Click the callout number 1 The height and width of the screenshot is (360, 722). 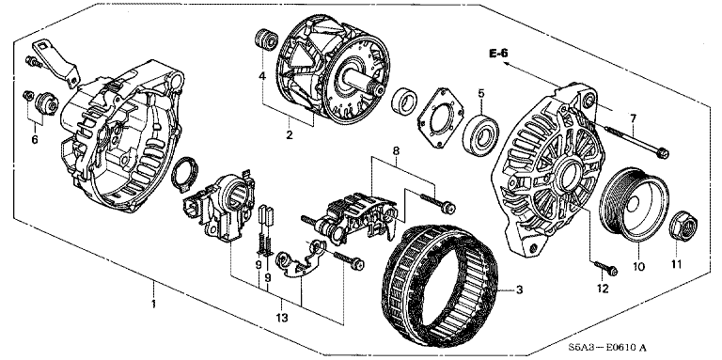click(x=154, y=304)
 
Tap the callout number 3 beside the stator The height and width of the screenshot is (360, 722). click(x=519, y=290)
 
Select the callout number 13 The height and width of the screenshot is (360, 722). click(x=282, y=318)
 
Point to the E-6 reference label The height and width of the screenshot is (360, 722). click(x=498, y=54)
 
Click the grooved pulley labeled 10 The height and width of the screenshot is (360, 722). click(x=635, y=206)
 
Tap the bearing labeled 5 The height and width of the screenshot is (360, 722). click(x=481, y=133)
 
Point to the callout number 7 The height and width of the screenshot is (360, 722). click(x=633, y=118)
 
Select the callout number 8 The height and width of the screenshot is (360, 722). click(x=396, y=150)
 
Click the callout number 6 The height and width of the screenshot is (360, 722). click(x=35, y=140)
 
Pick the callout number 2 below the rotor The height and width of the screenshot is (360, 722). click(x=290, y=135)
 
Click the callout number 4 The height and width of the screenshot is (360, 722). click(x=262, y=76)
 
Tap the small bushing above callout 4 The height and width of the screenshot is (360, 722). click(x=266, y=39)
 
